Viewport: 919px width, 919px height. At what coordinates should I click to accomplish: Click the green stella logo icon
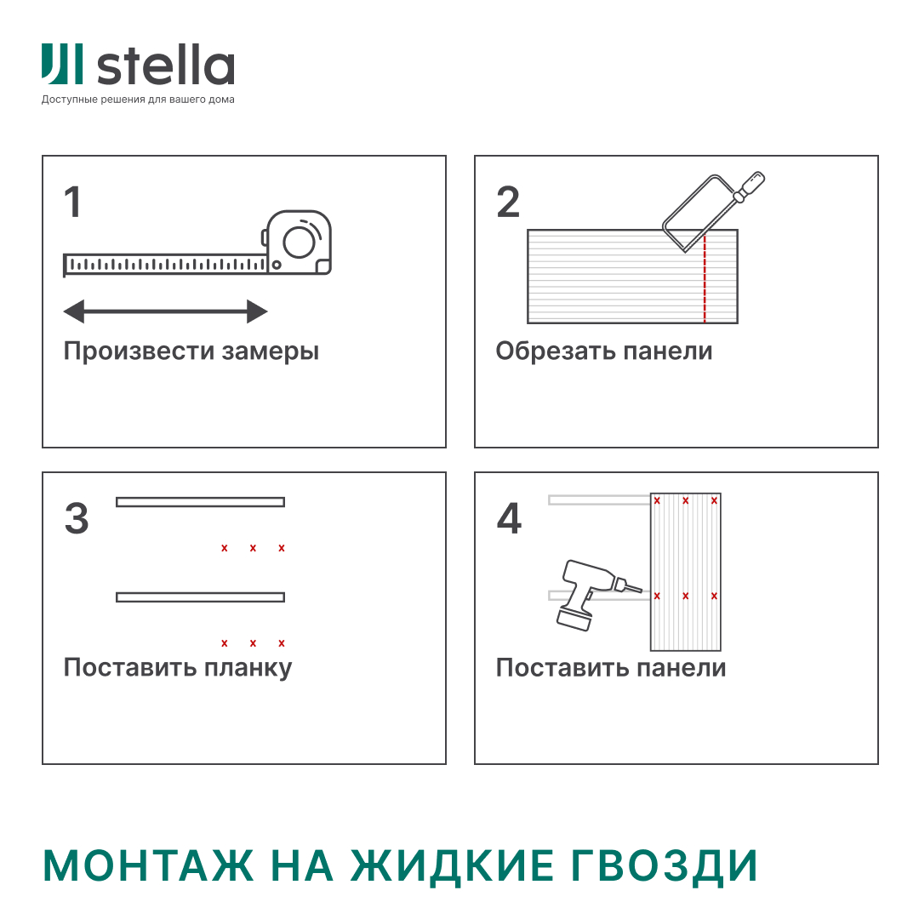click(62, 65)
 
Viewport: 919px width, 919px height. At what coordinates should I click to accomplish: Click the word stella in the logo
click(166, 67)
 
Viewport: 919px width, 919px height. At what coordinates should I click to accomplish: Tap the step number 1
click(73, 203)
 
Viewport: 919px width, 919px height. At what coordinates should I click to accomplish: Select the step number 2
click(508, 203)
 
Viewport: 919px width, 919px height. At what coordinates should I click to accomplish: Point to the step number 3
click(77, 519)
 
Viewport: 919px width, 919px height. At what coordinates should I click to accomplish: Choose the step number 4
click(509, 519)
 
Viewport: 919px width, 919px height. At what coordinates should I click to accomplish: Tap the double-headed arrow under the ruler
click(166, 311)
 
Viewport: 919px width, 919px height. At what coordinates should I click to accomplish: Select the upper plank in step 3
click(200, 502)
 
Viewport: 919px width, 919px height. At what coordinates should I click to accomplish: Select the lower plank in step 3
click(200, 597)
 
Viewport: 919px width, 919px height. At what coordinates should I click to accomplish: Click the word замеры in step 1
click(271, 351)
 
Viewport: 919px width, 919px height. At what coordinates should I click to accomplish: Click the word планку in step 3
click(248, 668)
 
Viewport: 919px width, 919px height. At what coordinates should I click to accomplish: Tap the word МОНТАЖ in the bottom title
click(149, 866)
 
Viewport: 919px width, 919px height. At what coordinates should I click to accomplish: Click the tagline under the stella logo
click(138, 100)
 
